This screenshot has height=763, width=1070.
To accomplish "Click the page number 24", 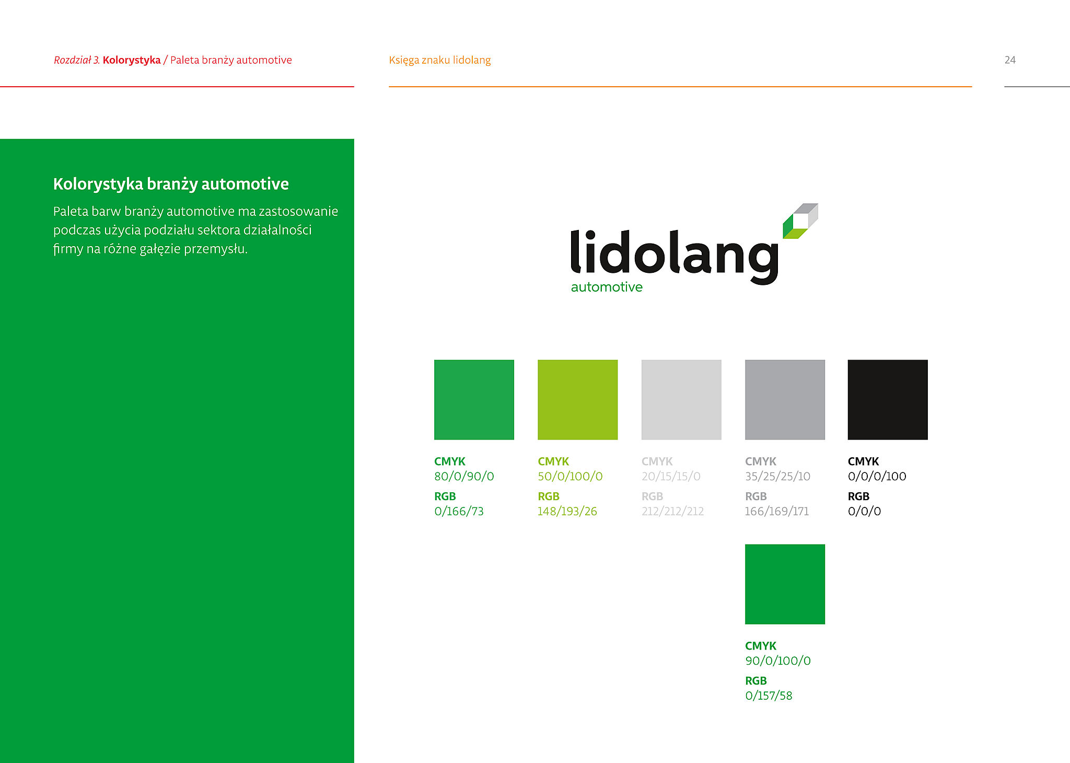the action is (x=1010, y=60).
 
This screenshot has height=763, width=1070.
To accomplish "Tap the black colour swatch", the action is (x=888, y=400).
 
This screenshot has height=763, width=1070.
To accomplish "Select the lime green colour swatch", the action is (x=578, y=400).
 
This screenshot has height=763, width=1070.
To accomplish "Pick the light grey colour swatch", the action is (x=681, y=400).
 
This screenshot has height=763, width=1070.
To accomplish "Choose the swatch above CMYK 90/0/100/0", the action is (x=785, y=584).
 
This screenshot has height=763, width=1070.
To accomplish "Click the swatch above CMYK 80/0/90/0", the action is (x=474, y=400).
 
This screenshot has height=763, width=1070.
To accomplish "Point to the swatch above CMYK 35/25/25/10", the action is (x=785, y=400).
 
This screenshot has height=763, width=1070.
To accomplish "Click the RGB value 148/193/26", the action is (x=567, y=511).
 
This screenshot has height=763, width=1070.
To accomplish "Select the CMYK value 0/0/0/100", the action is (x=877, y=476).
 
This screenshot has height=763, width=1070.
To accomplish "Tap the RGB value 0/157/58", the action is (x=769, y=696).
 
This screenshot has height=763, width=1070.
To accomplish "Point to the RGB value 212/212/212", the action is (x=673, y=511).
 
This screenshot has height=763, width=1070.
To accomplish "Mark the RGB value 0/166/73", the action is (x=459, y=511).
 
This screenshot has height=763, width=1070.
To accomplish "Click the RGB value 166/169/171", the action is (x=777, y=511).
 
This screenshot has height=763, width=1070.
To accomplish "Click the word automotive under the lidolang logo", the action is (x=607, y=287).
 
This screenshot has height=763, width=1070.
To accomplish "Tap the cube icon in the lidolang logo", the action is (x=800, y=221).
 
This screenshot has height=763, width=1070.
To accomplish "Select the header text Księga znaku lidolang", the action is (x=440, y=60).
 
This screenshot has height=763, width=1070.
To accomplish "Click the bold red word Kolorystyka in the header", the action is (x=132, y=60).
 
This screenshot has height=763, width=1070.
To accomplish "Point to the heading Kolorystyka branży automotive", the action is (x=171, y=184).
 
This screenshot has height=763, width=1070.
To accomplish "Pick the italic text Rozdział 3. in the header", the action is (x=77, y=60).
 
